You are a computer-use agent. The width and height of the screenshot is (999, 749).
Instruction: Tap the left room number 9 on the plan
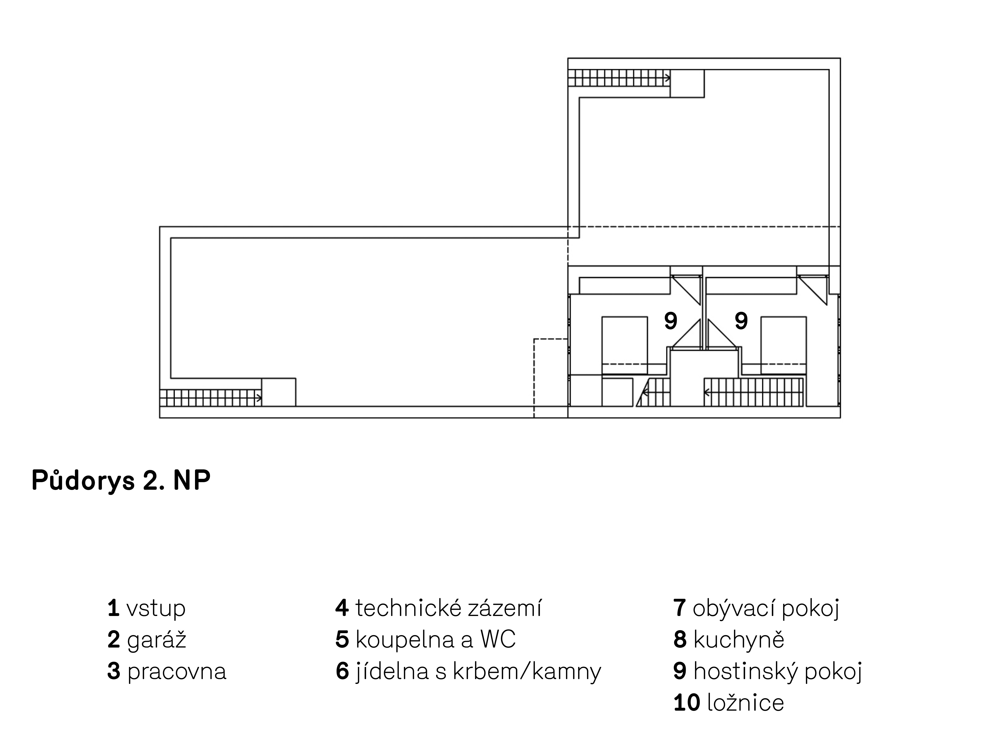pyautogui.click(x=671, y=321)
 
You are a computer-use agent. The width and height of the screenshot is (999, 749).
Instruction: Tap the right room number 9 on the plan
pyautogui.click(x=741, y=321)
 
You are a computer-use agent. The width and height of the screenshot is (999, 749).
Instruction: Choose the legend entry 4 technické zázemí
pyautogui.click(x=438, y=608)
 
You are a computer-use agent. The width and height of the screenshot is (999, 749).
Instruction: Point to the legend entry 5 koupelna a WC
pyautogui.click(x=425, y=640)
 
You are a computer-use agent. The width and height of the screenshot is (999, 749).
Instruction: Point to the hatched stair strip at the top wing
pyautogui.click(x=619, y=78)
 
